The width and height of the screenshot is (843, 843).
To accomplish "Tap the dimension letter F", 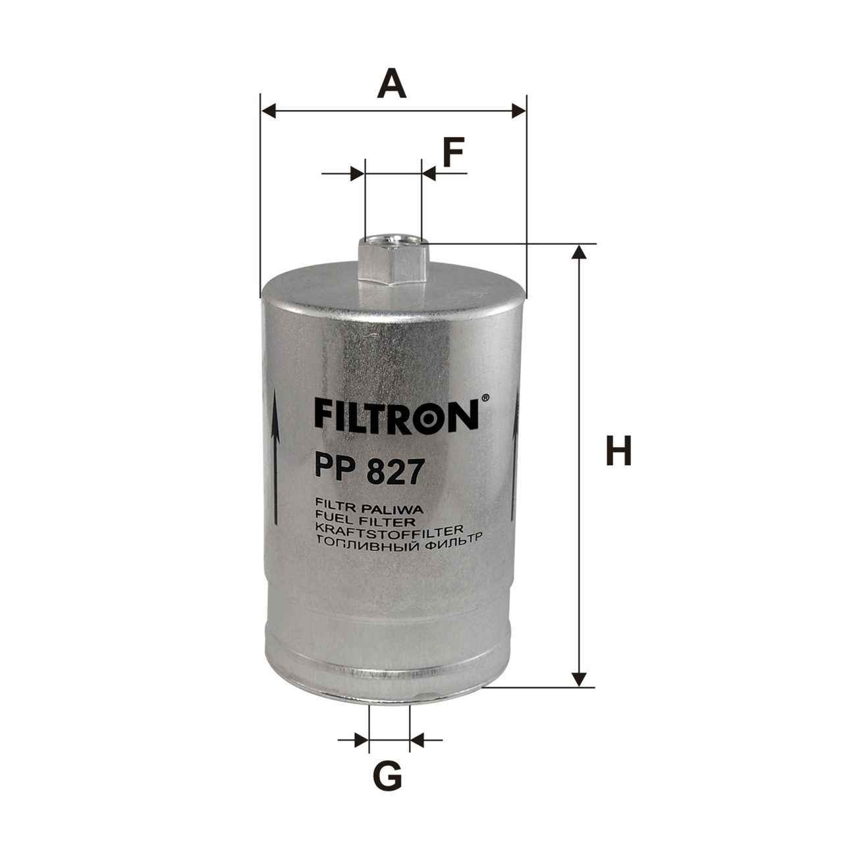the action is point(452,152).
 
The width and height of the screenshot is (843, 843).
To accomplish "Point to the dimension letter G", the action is point(388,776).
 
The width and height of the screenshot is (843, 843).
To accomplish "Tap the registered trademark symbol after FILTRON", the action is point(485,398).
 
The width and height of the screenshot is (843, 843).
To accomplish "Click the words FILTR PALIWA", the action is point(367,510).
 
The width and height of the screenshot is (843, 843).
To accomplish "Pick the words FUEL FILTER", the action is point(364,522).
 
